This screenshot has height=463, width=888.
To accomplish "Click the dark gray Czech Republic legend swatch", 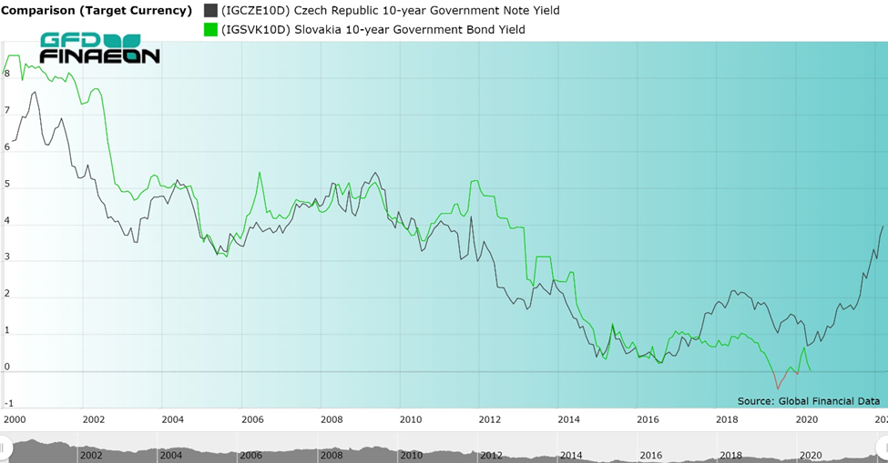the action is click(210, 11).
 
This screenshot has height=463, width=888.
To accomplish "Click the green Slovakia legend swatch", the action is click(210, 29).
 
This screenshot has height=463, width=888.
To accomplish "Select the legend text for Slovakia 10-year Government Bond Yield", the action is click(373, 29).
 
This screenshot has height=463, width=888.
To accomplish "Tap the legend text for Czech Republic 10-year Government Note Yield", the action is click(390, 11).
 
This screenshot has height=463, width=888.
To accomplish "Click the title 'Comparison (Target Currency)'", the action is click(97, 11).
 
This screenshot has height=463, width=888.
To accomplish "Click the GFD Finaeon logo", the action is click(99, 48).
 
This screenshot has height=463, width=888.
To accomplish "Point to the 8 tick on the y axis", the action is click(6, 74).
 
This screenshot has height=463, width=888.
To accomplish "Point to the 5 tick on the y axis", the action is click(6, 185).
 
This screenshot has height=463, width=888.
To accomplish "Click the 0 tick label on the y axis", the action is click(6, 367).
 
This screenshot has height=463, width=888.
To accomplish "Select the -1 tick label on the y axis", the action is click(8, 404).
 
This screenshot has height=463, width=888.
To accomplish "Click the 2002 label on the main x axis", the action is click(94, 419).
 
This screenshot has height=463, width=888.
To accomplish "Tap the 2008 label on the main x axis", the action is click(332, 419).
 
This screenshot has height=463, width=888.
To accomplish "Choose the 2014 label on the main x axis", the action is click(568, 419).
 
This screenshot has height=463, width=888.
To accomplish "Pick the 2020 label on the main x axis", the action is click(806, 419).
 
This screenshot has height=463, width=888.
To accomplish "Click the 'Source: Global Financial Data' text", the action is click(809, 401).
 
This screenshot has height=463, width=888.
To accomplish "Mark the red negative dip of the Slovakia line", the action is click(778, 388).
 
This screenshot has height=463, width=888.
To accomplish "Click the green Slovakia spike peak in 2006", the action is click(260, 173).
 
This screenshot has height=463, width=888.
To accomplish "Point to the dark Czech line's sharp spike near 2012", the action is click(471, 217).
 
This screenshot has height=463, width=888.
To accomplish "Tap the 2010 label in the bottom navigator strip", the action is click(412, 455).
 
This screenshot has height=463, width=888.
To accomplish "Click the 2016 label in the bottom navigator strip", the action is click(650, 455).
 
